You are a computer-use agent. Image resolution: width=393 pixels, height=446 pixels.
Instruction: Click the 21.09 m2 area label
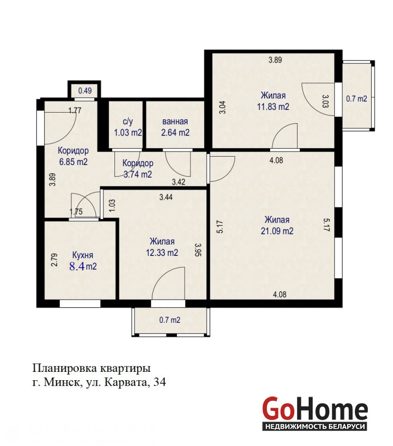(277, 231)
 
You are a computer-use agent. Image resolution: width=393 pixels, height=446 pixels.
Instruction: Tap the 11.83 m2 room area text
(273, 106)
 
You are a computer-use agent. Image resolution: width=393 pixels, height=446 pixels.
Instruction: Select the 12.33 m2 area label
(162, 253)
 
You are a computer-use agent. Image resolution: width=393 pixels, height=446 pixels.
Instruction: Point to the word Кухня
(83, 255)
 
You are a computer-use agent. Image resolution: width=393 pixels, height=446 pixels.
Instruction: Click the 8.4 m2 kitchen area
(83, 266)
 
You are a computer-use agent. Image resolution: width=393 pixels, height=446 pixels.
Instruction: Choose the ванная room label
(175, 122)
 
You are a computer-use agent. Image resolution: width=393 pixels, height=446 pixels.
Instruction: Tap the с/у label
(128, 122)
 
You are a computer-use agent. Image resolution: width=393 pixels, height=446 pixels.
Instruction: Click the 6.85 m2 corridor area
(73, 162)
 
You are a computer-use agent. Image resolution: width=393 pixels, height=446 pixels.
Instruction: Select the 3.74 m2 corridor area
(137, 174)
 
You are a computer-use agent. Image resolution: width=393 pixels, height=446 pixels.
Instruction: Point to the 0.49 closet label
(85, 91)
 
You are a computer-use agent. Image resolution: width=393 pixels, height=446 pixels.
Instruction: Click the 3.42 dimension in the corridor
(179, 182)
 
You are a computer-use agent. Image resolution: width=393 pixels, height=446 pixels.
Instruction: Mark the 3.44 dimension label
(166, 197)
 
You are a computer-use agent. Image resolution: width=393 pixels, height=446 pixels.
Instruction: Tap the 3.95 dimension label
(198, 249)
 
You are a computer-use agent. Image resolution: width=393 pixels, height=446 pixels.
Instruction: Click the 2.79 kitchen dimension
(54, 260)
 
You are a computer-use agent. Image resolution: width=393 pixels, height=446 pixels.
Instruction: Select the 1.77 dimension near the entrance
(75, 110)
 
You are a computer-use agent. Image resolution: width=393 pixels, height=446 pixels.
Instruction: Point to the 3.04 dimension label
(222, 107)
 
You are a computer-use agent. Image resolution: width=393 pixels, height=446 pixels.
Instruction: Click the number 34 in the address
(159, 382)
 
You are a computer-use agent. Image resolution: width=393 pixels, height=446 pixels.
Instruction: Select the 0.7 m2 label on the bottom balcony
(170, 320)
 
